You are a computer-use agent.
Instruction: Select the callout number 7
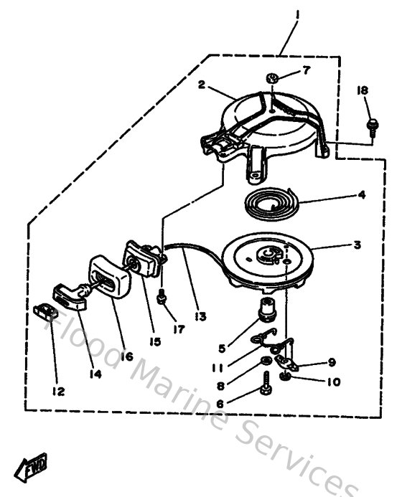tap(306, 70)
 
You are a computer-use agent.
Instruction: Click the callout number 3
tap(356, 245)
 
